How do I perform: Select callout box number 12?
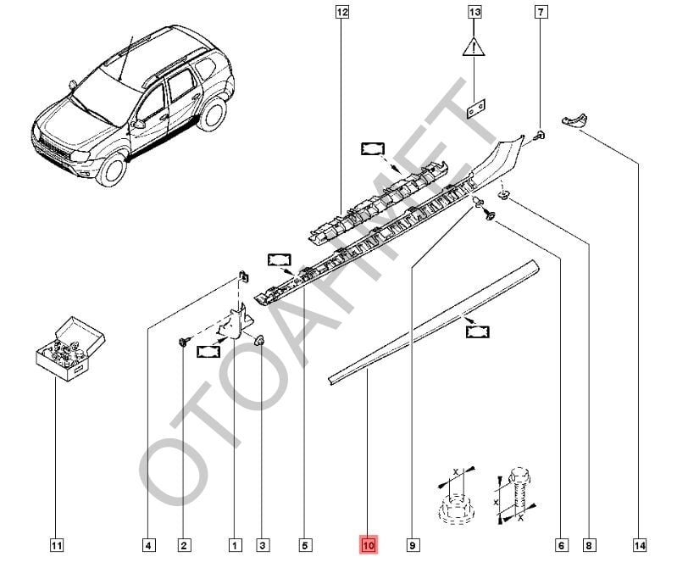tap(341, 13)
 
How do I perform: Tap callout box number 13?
tap(474, 13)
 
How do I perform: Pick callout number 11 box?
tap(57, 544)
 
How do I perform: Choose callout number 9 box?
tap(413, 544)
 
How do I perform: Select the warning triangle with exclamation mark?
tap(474, 46)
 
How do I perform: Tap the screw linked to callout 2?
tap(183, 341)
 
